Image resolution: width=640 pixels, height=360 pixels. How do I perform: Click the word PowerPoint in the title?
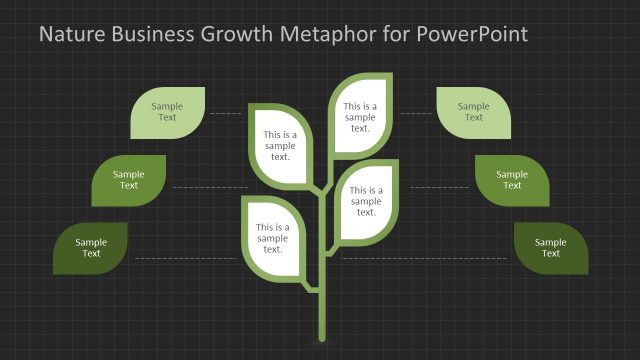click(x=469, y=35)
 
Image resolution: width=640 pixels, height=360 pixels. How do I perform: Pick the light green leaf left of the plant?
click(x=168, y=112)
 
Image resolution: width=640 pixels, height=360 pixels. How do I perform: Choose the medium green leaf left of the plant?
click(x=129, y=180)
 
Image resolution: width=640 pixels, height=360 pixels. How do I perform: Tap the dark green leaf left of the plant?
click(x=91, y=248)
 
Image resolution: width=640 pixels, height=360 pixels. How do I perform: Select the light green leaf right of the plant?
click(x=474, y=112)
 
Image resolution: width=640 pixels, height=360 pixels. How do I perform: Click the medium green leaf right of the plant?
click(x=512, y=180)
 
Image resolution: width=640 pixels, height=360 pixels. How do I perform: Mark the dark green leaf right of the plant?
click(x=551, y=248)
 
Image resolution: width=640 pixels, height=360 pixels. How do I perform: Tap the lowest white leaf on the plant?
click(x=272, y=238)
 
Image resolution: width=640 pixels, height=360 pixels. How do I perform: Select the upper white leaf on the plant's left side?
click(x=280, y=145)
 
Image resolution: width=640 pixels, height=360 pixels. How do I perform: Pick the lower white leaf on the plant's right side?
click(x=366, y=200)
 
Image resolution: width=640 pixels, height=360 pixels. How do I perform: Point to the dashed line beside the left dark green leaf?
click(x=185, y=259)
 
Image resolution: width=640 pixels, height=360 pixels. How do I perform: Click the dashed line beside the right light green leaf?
click(x=416, y=114)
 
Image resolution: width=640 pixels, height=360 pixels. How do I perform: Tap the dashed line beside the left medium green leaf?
click(x=209, y=188)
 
